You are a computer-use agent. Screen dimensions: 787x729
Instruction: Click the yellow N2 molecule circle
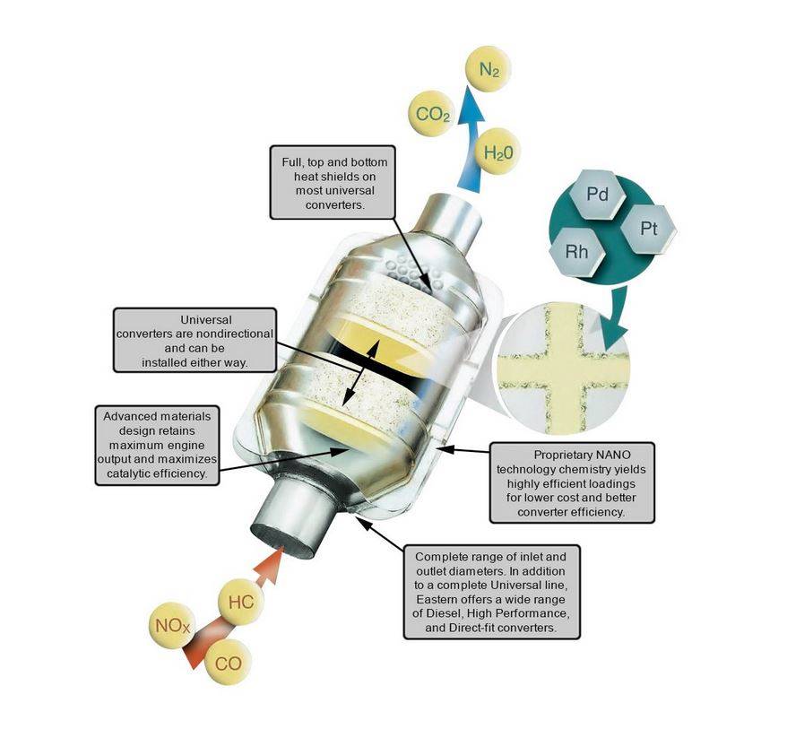tap(488, 69)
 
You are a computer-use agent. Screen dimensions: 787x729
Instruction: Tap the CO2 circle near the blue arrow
tap(432, 114)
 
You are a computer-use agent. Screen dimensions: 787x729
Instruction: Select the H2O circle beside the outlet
tap(497, 152)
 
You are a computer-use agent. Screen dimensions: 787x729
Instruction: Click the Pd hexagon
tap(597, 195)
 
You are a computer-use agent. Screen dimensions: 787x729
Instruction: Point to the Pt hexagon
tap(648, 230)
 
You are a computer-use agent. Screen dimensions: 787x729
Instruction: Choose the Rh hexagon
tap(577, 251)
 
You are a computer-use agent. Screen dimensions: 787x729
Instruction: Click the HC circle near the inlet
tap(241, 602)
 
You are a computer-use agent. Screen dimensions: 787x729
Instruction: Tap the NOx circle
tap(172, 626)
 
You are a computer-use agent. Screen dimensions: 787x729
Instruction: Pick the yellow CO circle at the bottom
tap(228, 663)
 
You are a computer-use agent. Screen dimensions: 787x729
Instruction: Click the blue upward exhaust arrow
tap(470, 141)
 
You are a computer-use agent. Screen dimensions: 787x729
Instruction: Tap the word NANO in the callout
tap(613, 455)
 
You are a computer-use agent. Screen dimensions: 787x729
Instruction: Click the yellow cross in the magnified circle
tap(563, 369)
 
